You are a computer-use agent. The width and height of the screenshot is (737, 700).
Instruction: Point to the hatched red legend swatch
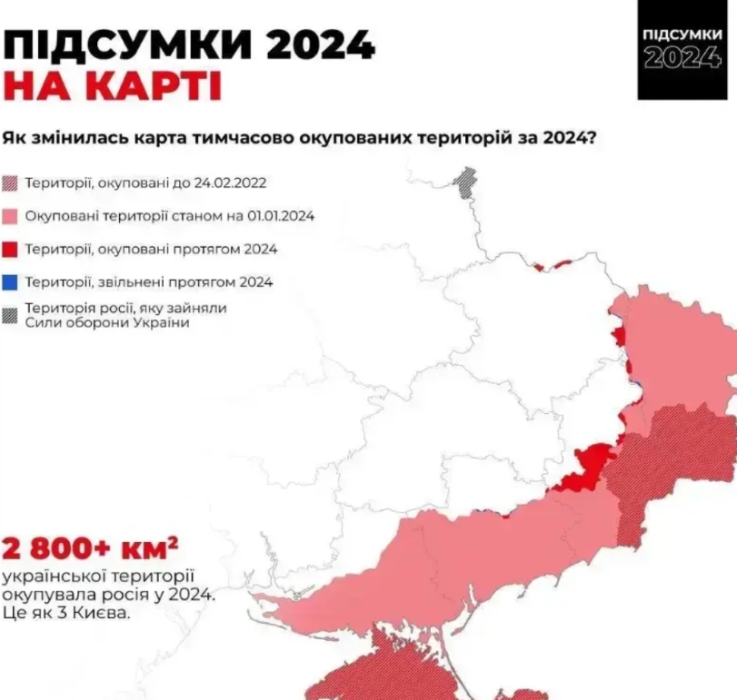pyautogui.click(x=11, y=182)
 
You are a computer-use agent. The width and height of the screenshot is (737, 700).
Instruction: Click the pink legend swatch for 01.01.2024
pyautogui.click(x=11, y=216)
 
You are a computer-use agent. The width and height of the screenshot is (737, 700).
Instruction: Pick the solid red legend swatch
pyautogui.click(x=11, y=249)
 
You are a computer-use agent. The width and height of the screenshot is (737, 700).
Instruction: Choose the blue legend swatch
pyautogui.click(x=11, y=282)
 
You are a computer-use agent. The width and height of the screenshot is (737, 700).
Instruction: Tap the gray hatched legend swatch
pyautogui.click(x=11, y=315)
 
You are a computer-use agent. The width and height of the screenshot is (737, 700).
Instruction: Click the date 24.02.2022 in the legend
pyautogui.click(x=229, y=182)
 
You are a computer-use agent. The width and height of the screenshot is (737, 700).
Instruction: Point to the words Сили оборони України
pyautogui.click(x=108, y=323)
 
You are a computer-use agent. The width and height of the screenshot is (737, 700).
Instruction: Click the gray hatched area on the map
pyautogui.click(x=465, y=181)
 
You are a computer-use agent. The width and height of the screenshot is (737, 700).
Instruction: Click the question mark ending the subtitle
pyautogui.click(x=592, y=137)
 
